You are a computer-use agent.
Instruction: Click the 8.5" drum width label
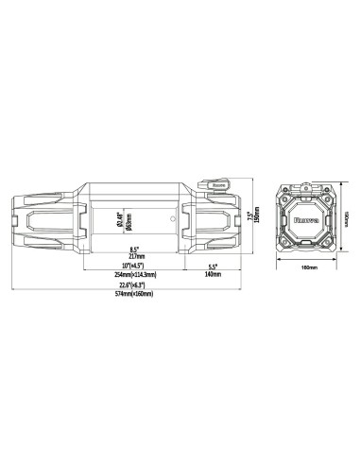pos(135,249)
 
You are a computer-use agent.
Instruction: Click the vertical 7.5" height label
pos(249,217)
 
